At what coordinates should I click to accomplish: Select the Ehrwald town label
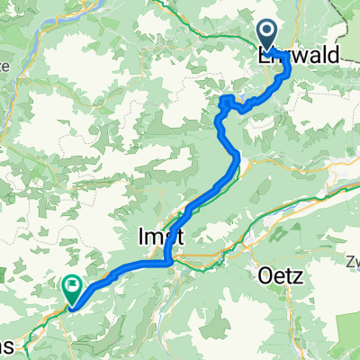click(x=298, y=56)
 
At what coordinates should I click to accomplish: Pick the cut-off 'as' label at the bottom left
click(x=9, y=348)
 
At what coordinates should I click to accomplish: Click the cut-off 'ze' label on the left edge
click(x=5, y=66)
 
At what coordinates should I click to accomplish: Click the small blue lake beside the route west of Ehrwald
click(x=228, y=101)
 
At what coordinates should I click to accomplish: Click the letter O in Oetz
click(x=264, y=273)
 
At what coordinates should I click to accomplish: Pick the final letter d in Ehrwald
click(x=333, y=56)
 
